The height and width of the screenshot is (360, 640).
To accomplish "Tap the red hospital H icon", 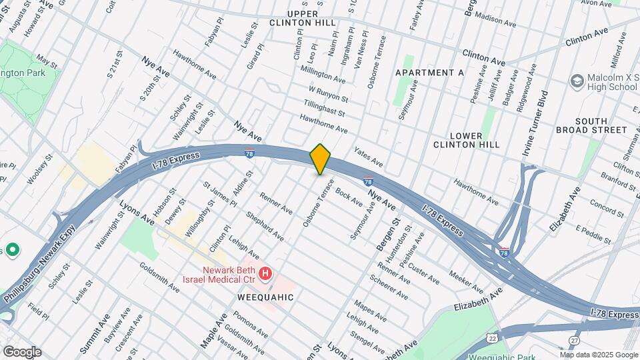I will click(x=266, y=273).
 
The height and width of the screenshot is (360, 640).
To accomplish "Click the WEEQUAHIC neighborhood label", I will click(x=265, y=297).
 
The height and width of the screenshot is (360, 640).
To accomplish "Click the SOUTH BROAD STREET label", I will click(x=592, y=125).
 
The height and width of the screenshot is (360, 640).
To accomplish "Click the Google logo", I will click(x=21, y=352).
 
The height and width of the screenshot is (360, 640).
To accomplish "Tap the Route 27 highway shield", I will click(x=574, y=340).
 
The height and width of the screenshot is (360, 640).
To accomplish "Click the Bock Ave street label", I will click(x=349, y=196).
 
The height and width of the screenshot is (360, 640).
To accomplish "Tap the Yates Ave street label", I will click(x=369, y=157).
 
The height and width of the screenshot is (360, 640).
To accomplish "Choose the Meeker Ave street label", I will click(x=466, y=281).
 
